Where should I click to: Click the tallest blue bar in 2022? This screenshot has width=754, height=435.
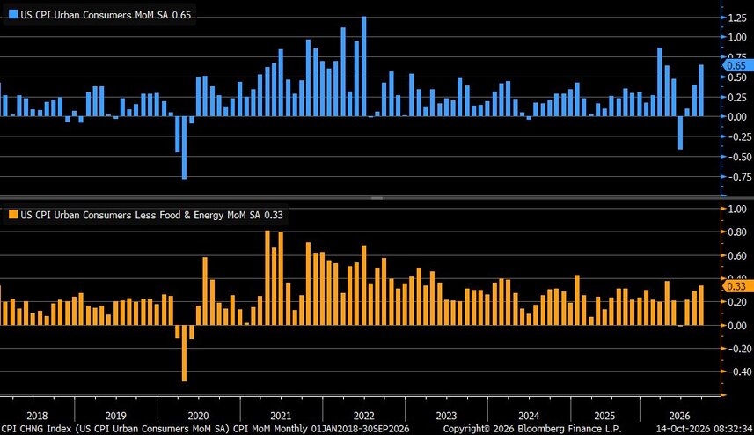pos(364,66)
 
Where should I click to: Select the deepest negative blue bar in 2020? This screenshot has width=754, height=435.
pos(184,148)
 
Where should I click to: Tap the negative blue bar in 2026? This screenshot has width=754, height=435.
pos(680,133)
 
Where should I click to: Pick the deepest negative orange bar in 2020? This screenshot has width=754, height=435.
pos(184,353)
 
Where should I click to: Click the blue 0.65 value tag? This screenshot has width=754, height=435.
pos(738,65)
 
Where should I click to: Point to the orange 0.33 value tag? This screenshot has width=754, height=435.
pos(738,286)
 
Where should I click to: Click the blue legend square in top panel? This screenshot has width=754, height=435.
pos(13,14)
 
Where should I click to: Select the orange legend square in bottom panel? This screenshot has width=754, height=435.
pos(13,215)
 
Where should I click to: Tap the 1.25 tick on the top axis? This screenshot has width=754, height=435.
pos(737,18)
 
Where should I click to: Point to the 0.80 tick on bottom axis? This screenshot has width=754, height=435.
pos(737,232)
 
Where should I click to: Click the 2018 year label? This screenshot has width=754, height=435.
pos(37,416)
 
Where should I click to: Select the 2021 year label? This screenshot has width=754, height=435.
pos(281,416)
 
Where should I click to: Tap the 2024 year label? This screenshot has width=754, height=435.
pos(529,416)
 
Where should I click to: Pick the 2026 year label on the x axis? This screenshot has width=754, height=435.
pos(679,416)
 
